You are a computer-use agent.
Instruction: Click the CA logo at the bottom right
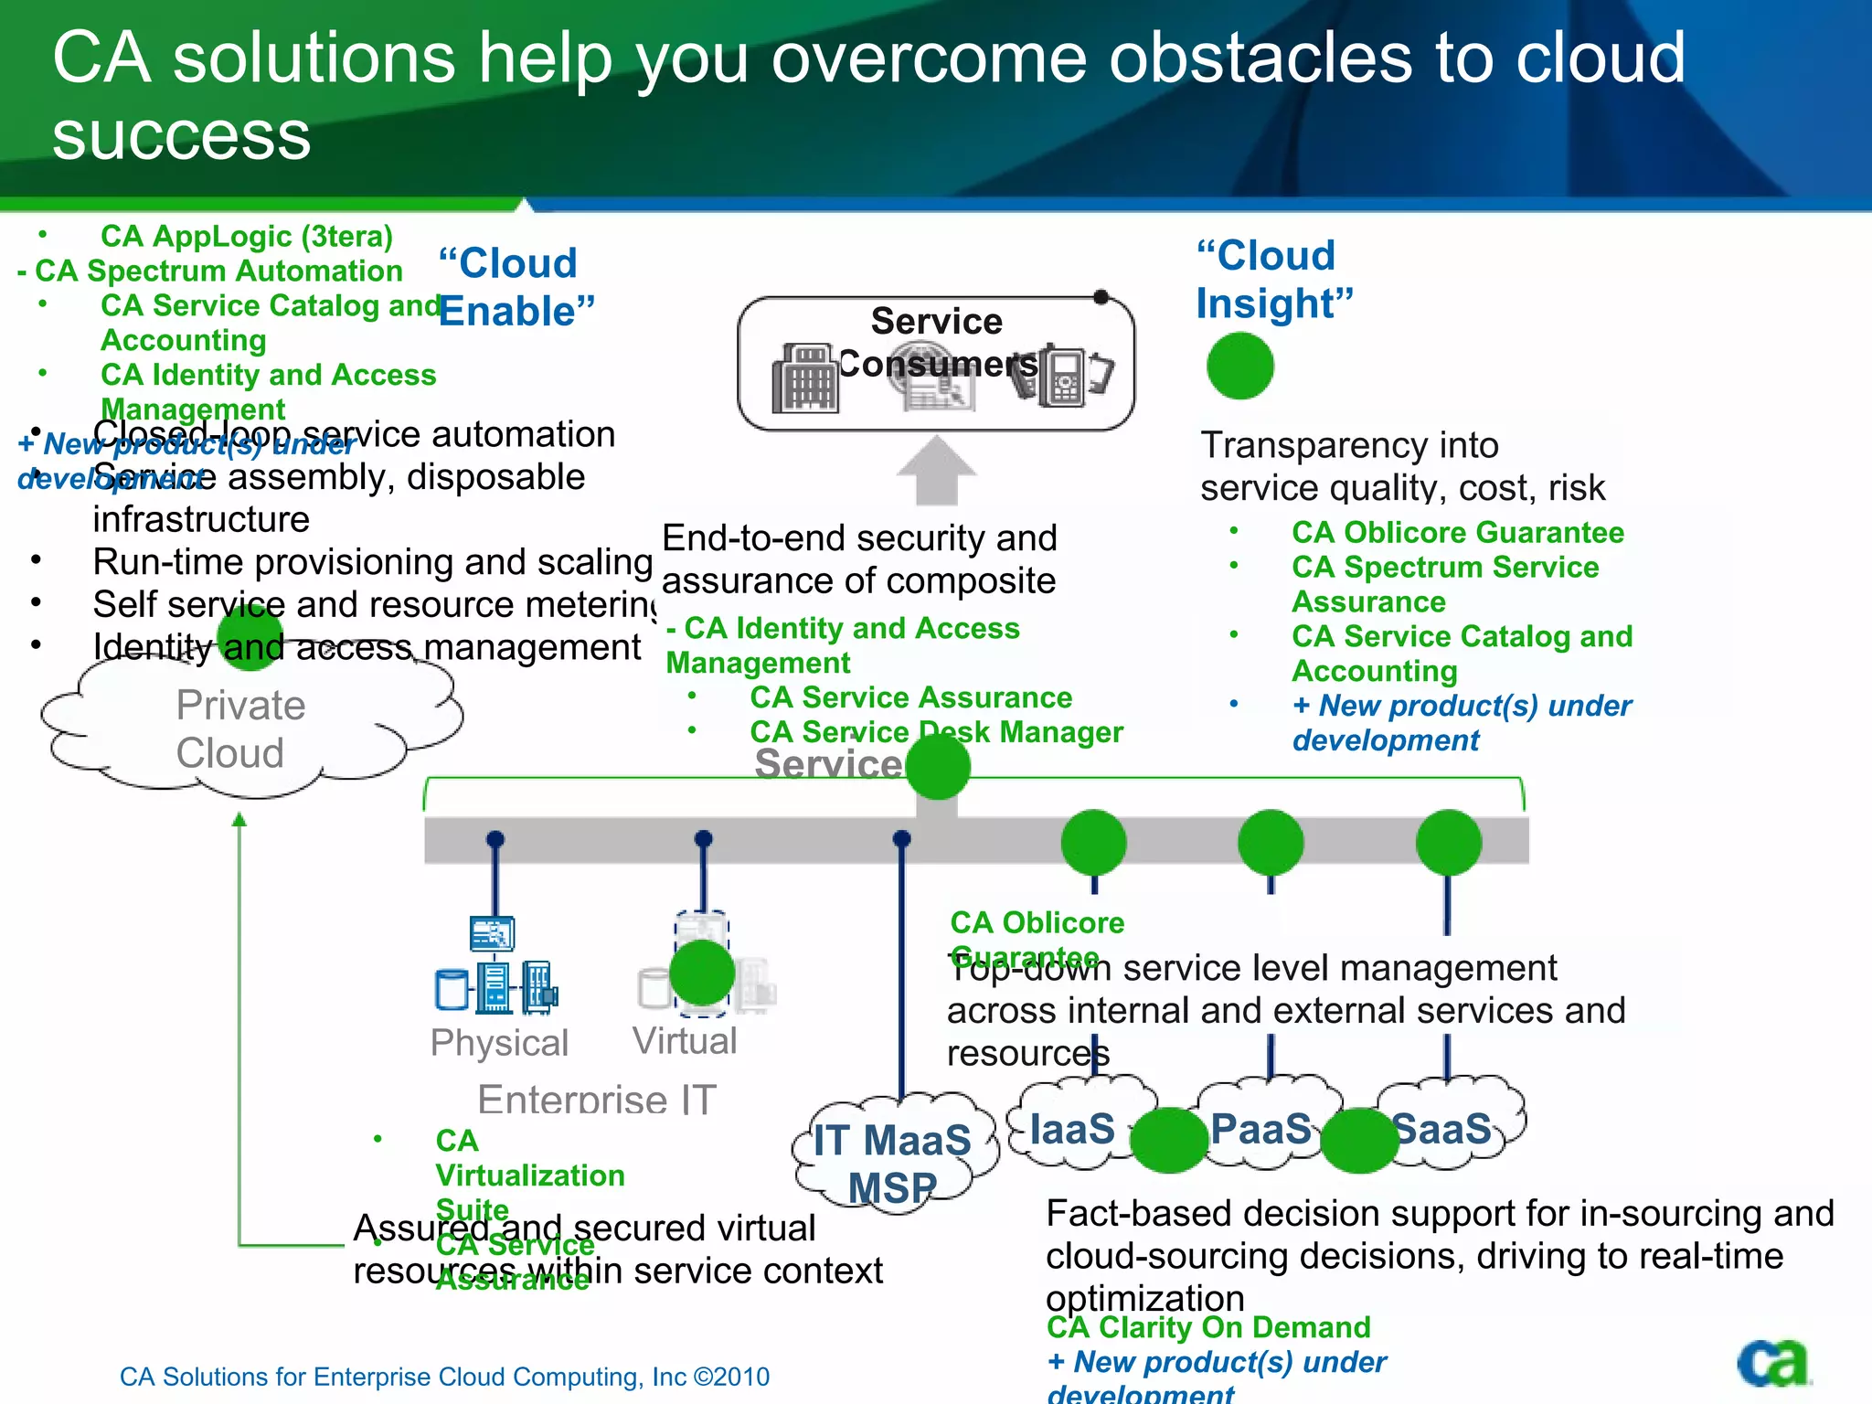point(1773,1363)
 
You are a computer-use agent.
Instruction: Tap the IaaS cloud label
point(1072,1129)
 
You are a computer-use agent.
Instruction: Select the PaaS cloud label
point(1260,1129)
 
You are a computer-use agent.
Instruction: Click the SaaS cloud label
point(1442,1129)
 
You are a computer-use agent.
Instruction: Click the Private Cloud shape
point(239,729)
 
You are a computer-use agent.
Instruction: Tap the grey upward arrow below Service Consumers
point(936,470)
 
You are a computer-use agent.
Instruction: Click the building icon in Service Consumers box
point(804,379)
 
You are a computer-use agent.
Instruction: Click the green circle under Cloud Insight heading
point(1239,366)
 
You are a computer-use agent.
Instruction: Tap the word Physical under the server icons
point(499,1043)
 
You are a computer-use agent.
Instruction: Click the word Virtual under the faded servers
point(685,1041)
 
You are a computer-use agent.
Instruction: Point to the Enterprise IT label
point(597,1099)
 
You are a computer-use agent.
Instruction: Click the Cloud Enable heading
point(516,287)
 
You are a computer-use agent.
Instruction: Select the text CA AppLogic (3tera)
point(247,237)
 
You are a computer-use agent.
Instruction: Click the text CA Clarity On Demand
point(1208,1327)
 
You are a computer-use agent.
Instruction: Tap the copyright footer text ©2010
point(731,1377)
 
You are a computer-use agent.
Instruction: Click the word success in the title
point(181,137)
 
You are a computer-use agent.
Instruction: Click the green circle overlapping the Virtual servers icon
point(702,972)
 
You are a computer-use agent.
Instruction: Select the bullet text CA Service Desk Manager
point(936,732)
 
